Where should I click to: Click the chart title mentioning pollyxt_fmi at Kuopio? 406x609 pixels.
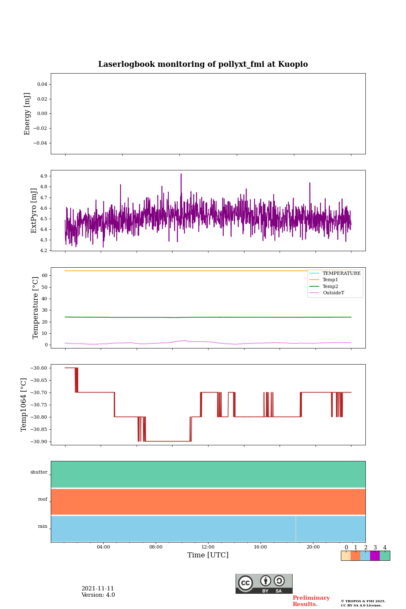click(x=203, y=64)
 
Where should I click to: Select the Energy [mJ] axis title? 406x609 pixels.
click(x=27, y=114)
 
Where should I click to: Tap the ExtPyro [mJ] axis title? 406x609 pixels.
click(x=34, y=211)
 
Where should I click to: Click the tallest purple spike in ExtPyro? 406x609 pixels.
click(x=181, y=174)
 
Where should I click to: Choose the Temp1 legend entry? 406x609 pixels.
click(x=330, y=280)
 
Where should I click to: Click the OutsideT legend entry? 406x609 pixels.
click(x=333, y=293)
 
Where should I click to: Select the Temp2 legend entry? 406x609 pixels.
click(x=330, y=286)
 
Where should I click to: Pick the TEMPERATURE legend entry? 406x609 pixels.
click(x=341, y=274)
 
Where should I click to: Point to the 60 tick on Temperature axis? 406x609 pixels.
click(x=44, y=275)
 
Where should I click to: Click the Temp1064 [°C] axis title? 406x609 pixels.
click(x=24, y=405)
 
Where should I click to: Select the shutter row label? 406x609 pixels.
click(x=39, y=472)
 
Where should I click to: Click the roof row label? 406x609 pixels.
click(x=43, y=499)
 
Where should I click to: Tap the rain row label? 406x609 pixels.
click(x=43, y=527)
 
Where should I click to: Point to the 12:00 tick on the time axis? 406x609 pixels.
click(x=208, y=547)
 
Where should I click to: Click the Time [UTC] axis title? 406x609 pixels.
click(x=208, y=555)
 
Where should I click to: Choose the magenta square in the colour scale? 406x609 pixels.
click(x=375, y=556)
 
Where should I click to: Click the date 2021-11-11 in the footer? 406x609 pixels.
click(x=98, y=589)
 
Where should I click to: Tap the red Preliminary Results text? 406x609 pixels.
click(x=311, y=601)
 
